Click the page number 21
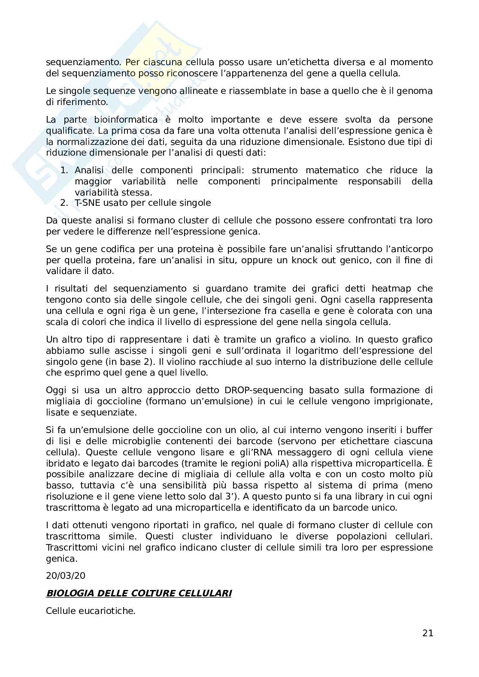point(427,633)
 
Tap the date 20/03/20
point(63,575)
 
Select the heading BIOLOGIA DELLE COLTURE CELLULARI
point(139,593)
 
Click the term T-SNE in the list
point(87,203)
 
